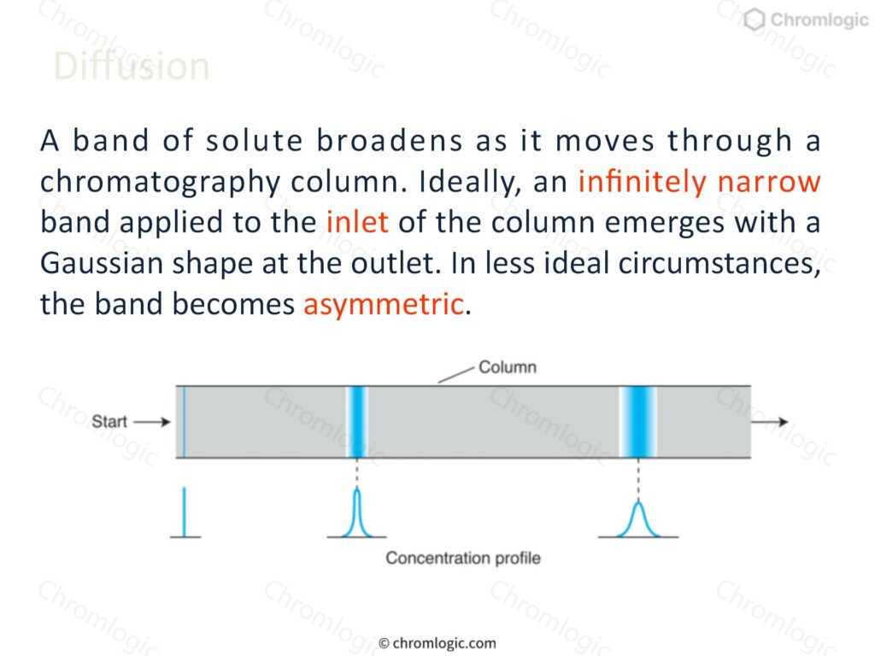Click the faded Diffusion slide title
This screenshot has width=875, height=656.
[132, 67]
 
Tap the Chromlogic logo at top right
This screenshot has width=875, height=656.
[807, 20]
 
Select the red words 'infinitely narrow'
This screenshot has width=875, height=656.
[699, 181]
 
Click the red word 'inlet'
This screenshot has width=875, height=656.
[357, 221]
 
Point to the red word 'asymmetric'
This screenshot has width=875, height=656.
[384, 305]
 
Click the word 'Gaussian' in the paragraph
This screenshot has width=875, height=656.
[102, 263]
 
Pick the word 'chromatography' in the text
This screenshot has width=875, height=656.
[159, 183]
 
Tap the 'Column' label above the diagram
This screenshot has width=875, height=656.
[508, 367]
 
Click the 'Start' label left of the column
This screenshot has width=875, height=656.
[109, 421]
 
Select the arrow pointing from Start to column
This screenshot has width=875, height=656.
[152, 422]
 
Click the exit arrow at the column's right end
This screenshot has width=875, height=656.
[770, 422]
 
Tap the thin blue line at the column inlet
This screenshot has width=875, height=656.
[184, 422]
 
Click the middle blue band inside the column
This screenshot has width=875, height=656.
[357, 422]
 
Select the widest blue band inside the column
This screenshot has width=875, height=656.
[638, 422]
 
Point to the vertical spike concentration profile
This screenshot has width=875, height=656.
[185, 512]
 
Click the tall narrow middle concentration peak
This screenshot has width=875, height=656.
[357, 513]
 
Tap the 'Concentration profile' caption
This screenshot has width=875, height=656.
[463, 558]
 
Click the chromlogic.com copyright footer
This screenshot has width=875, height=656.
[437, 643]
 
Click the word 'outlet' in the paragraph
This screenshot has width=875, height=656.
[393, 263]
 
